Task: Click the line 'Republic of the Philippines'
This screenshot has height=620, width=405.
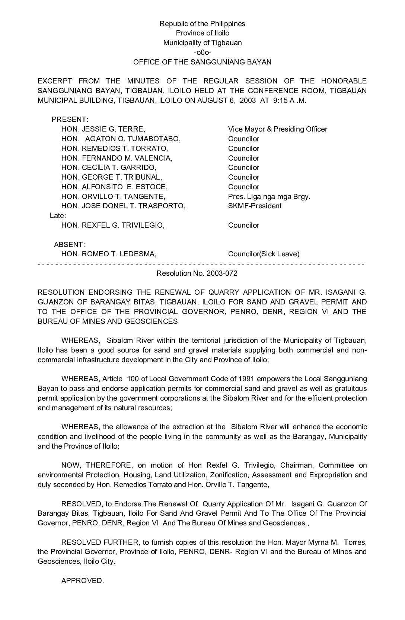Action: coord(202,24)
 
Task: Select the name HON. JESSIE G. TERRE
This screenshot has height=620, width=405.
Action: coord(103,129)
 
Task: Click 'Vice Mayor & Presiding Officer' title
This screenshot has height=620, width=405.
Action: coord(277,129)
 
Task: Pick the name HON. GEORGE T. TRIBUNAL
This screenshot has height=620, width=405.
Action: coord(112,177)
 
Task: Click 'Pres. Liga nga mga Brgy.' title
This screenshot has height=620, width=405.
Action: coord(269,196)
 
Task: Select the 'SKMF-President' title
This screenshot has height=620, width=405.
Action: coord(255,206)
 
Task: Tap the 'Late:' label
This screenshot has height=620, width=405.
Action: coord(58,216)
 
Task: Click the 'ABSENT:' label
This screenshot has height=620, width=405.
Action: coord(69,245)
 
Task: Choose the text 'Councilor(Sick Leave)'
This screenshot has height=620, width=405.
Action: coord(264,254)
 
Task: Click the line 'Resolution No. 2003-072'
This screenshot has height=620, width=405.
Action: coord(197,273)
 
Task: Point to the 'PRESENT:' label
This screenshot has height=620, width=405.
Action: coord(70,120)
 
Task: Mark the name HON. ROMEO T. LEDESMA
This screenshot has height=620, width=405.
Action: coord(109,254)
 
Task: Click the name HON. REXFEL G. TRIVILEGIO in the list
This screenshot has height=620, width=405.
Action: coord(113,225)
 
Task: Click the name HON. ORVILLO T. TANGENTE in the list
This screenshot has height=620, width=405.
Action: coord(113,196)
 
